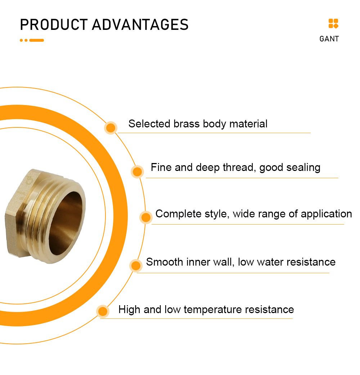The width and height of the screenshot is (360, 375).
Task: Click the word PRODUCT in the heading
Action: coord(54,24)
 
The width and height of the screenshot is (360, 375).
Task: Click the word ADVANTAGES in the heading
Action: coord(140,24)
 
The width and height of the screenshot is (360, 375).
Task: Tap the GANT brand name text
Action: coord(329,39)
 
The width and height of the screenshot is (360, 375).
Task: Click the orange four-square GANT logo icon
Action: coord(333,23)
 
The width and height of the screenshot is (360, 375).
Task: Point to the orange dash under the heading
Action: coord(37,40)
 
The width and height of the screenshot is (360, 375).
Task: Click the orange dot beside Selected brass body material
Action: coord(111,128)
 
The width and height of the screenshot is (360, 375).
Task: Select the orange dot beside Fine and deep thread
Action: coord(137,171)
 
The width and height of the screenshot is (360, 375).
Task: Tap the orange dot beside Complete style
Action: coord(146,217)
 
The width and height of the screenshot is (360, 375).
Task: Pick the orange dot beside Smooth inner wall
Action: coord(136,266)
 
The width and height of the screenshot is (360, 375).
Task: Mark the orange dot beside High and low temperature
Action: coord(103,311)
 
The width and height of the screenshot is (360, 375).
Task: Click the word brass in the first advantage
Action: coord(186,124)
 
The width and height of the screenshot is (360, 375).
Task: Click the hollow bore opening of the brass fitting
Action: coord(66,223)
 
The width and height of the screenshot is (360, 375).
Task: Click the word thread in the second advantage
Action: coord(238,167)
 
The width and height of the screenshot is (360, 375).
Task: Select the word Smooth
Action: coord(165,262)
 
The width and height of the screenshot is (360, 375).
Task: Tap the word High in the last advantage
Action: coord(129,310)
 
